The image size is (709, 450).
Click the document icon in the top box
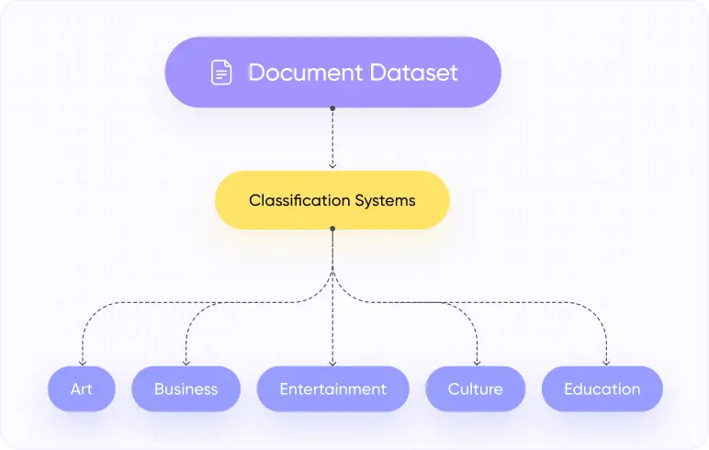(221, 73)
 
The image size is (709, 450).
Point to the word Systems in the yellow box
(385, 200)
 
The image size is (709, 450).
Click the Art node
(82, 388)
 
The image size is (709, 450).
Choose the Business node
(186, 388)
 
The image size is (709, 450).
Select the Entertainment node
(332, 388)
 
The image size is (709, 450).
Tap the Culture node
(475, 388)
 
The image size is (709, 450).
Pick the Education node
(602, 388)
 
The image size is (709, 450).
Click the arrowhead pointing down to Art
(83, 362)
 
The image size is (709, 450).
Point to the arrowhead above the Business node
(186, 362)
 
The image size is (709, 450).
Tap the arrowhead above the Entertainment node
(332, 362)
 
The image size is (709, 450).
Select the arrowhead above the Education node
(606, 362)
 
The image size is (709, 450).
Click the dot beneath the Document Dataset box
(332, 108)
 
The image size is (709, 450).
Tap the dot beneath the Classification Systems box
(332, 231)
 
